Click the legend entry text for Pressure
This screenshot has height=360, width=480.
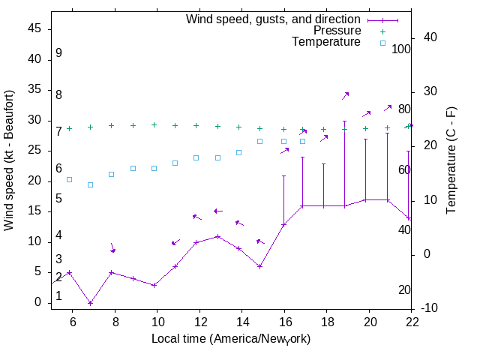[x=337, y=31]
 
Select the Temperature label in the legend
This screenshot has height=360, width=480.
[x=326, y=42]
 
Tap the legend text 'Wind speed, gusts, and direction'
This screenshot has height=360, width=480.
[x=274, y=19]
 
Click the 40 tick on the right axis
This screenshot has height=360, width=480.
[x=430, y=37]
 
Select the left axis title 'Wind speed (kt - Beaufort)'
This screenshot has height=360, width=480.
[x=9, y=161]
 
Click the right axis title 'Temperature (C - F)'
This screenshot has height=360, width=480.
[x=452, y=160]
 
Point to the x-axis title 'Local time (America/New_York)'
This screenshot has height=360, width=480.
[x=231, y=339]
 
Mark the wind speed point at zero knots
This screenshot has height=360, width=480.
[x=90, y=303]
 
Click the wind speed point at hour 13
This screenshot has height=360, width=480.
[x=217, y=236]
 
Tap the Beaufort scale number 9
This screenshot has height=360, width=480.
[x=58, y=54]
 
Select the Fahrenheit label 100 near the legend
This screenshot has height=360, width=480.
[x=401, y=49]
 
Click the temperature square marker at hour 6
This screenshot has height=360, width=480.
[x=69, y=179]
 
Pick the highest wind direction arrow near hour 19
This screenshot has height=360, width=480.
[x=346, y=95]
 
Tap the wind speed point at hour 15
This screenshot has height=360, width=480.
[x=259, y=266]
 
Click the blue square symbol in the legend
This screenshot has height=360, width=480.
[x=382, y=43]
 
